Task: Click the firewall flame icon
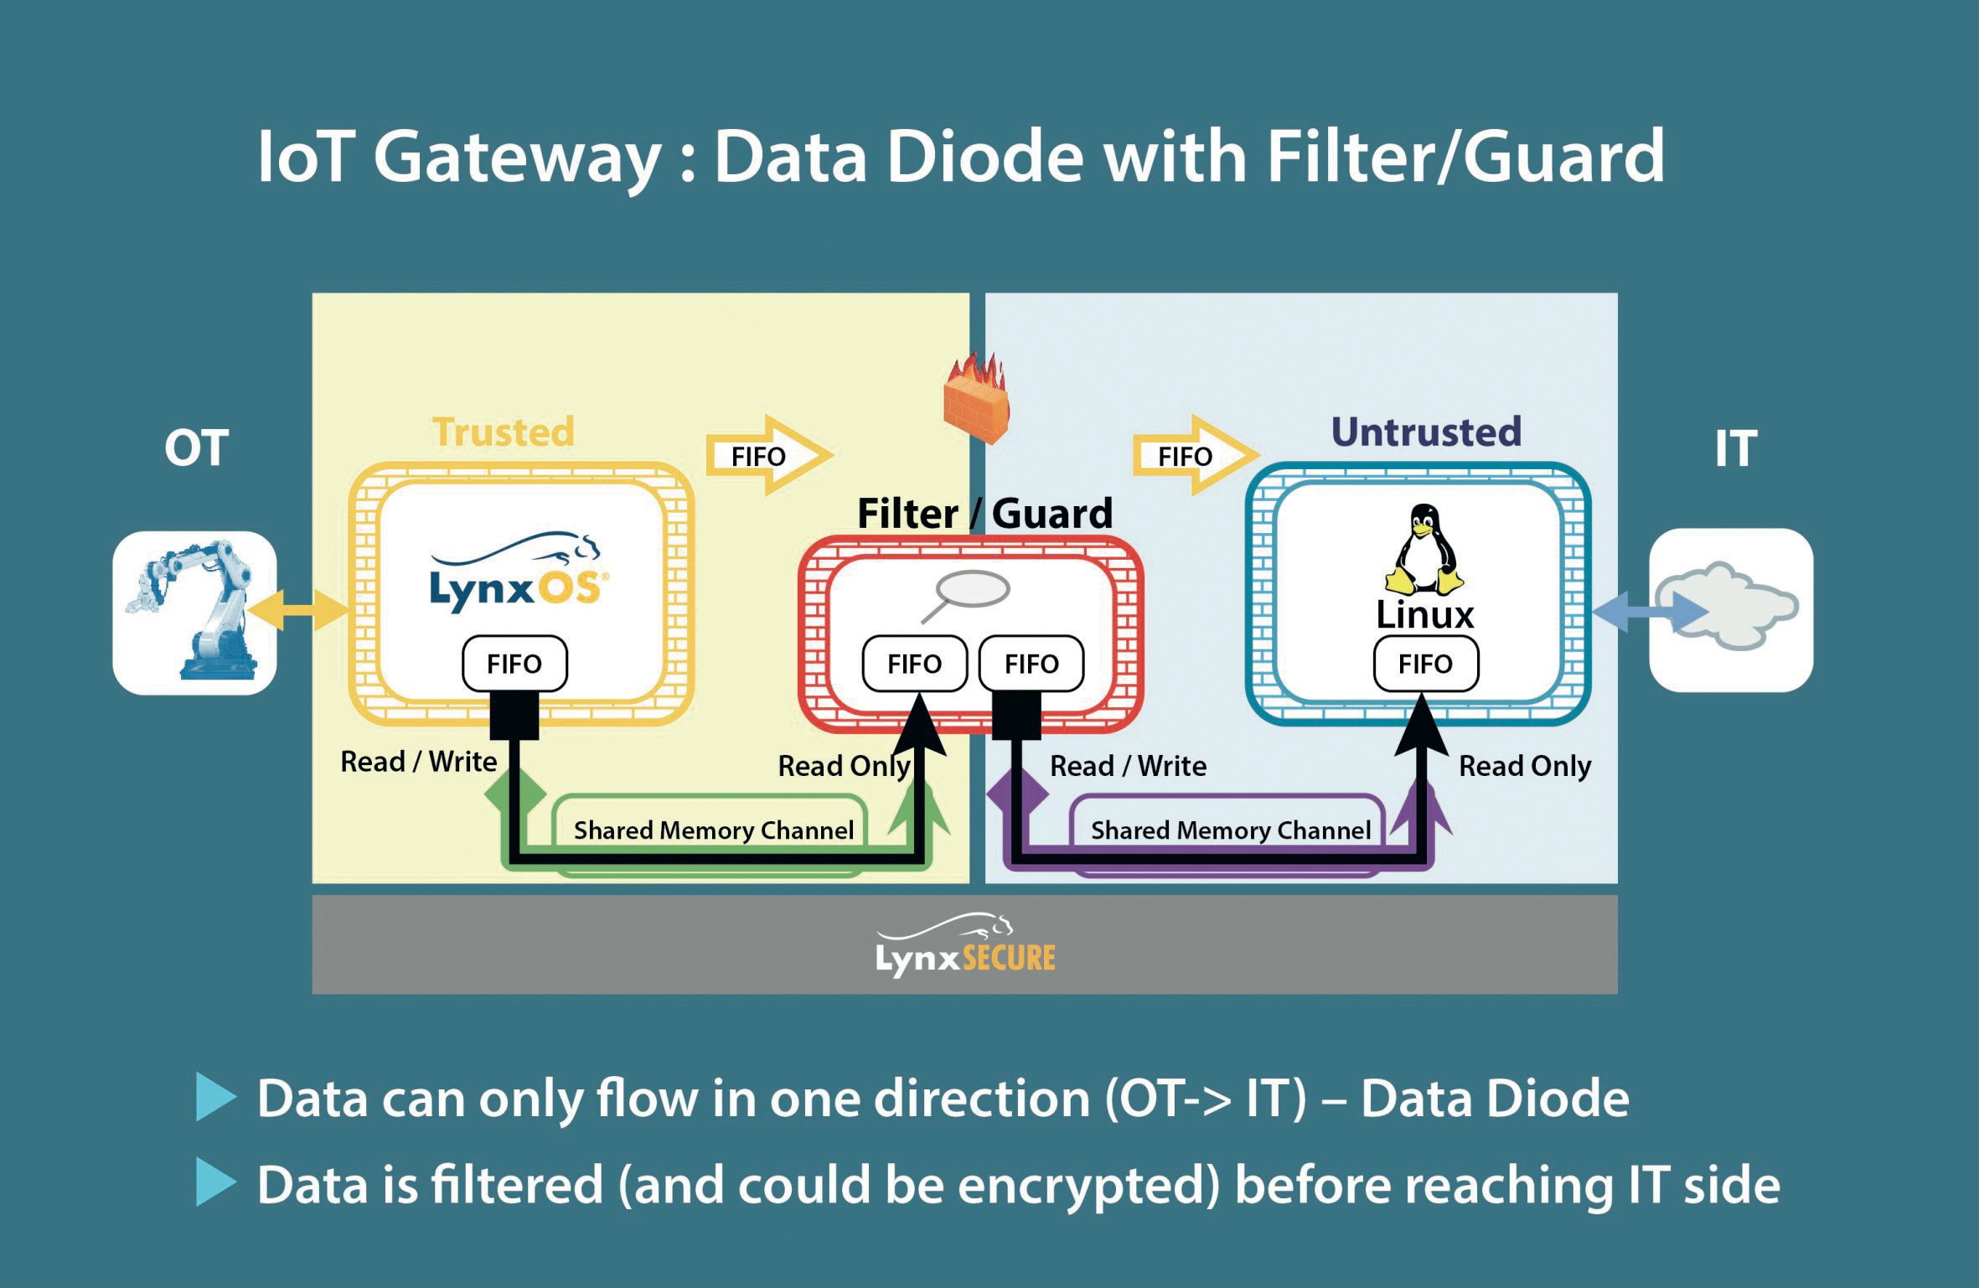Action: pos(977,400)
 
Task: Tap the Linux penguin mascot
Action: pos(1424,549)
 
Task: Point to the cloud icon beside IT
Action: pos(1731,608)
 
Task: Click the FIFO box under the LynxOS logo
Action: pos(514,664)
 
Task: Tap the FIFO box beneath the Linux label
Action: pos(1425,664)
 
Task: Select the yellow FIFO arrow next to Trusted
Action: pos(767,455)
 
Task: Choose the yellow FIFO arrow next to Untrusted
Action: pos(1194,455)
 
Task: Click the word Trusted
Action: pos(504,432)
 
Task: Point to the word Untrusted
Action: pos(1426,432)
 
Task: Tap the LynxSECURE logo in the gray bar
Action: pos(965,946)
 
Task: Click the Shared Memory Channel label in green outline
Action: pos(713,830)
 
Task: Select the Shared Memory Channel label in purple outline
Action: pos(1230,830)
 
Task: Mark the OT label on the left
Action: pos(196,448)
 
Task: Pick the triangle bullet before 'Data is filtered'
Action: pos(215,1182)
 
